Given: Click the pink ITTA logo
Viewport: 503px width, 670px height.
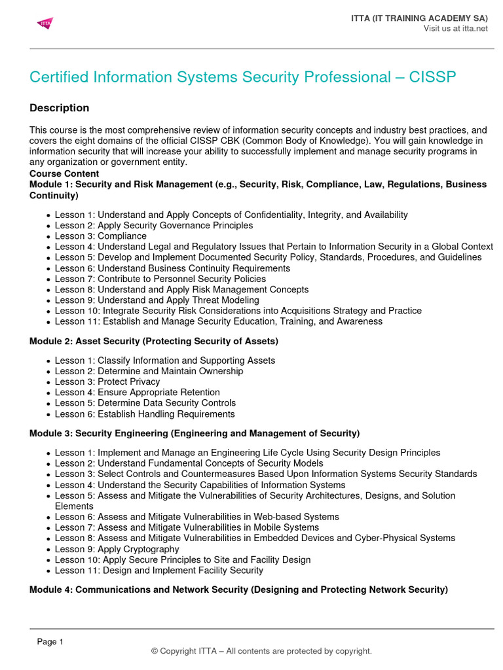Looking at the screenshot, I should pyautogui.click(x=45, y=24).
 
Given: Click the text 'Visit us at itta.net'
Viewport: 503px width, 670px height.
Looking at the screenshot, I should pyautogui.click(x=455, y=28).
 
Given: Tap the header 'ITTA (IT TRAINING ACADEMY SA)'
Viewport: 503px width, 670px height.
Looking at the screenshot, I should pyautogui.click(x=419, y=18).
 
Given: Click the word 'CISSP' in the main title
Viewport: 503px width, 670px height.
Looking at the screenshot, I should pyautogui.click(x=432, y=77).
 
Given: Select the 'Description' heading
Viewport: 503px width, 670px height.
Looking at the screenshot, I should pyautogui.click(x=60, y=108).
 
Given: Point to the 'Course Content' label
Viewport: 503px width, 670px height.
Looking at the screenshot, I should pyautogui.click(x=64, y=174).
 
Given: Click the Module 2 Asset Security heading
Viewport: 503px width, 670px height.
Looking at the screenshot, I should pyautogui.click(x=154, y=341).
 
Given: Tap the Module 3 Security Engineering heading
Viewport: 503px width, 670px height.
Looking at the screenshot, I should pyautogui.click(x=195, y=433).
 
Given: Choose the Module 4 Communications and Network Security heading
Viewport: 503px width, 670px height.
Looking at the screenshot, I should pyautogui.click(x=238, y=590).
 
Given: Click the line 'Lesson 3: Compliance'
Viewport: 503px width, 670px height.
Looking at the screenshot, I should pyautogui.click(x=100, y=236).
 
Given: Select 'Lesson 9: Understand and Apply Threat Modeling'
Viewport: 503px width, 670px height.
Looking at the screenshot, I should pyautogui.click(x=157, y=300).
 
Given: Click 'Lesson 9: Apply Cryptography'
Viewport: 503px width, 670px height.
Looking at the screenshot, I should pyautogui.click(x=117, y=549).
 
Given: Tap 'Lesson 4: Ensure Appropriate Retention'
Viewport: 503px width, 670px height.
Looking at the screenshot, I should pyautogui.click(x=137, y=393).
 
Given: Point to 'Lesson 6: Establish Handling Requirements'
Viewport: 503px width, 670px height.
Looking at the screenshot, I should pyautogui.click(x=144, y=414).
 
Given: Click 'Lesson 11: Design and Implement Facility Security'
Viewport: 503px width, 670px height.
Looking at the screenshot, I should pyautogui.click(x=158, y=571).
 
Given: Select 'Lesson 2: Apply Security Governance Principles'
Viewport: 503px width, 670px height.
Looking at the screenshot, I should pyautogui.click(x=153, y=226).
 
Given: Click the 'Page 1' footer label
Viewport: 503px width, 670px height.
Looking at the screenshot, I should pyautogui.click(x=50, y=642).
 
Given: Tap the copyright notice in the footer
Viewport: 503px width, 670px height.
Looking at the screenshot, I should pyautogui.click(x=261, y=651).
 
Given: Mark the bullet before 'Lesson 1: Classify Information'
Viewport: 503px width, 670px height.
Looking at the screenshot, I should pyautogui.click(x=48, y=361).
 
